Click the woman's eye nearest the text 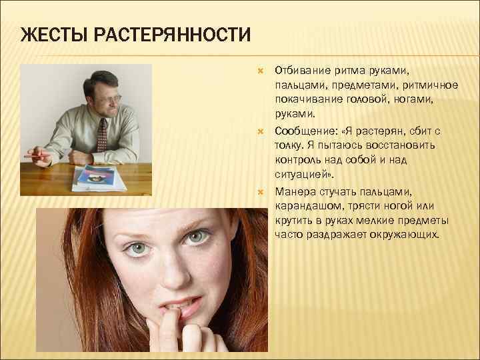(197, 237)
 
